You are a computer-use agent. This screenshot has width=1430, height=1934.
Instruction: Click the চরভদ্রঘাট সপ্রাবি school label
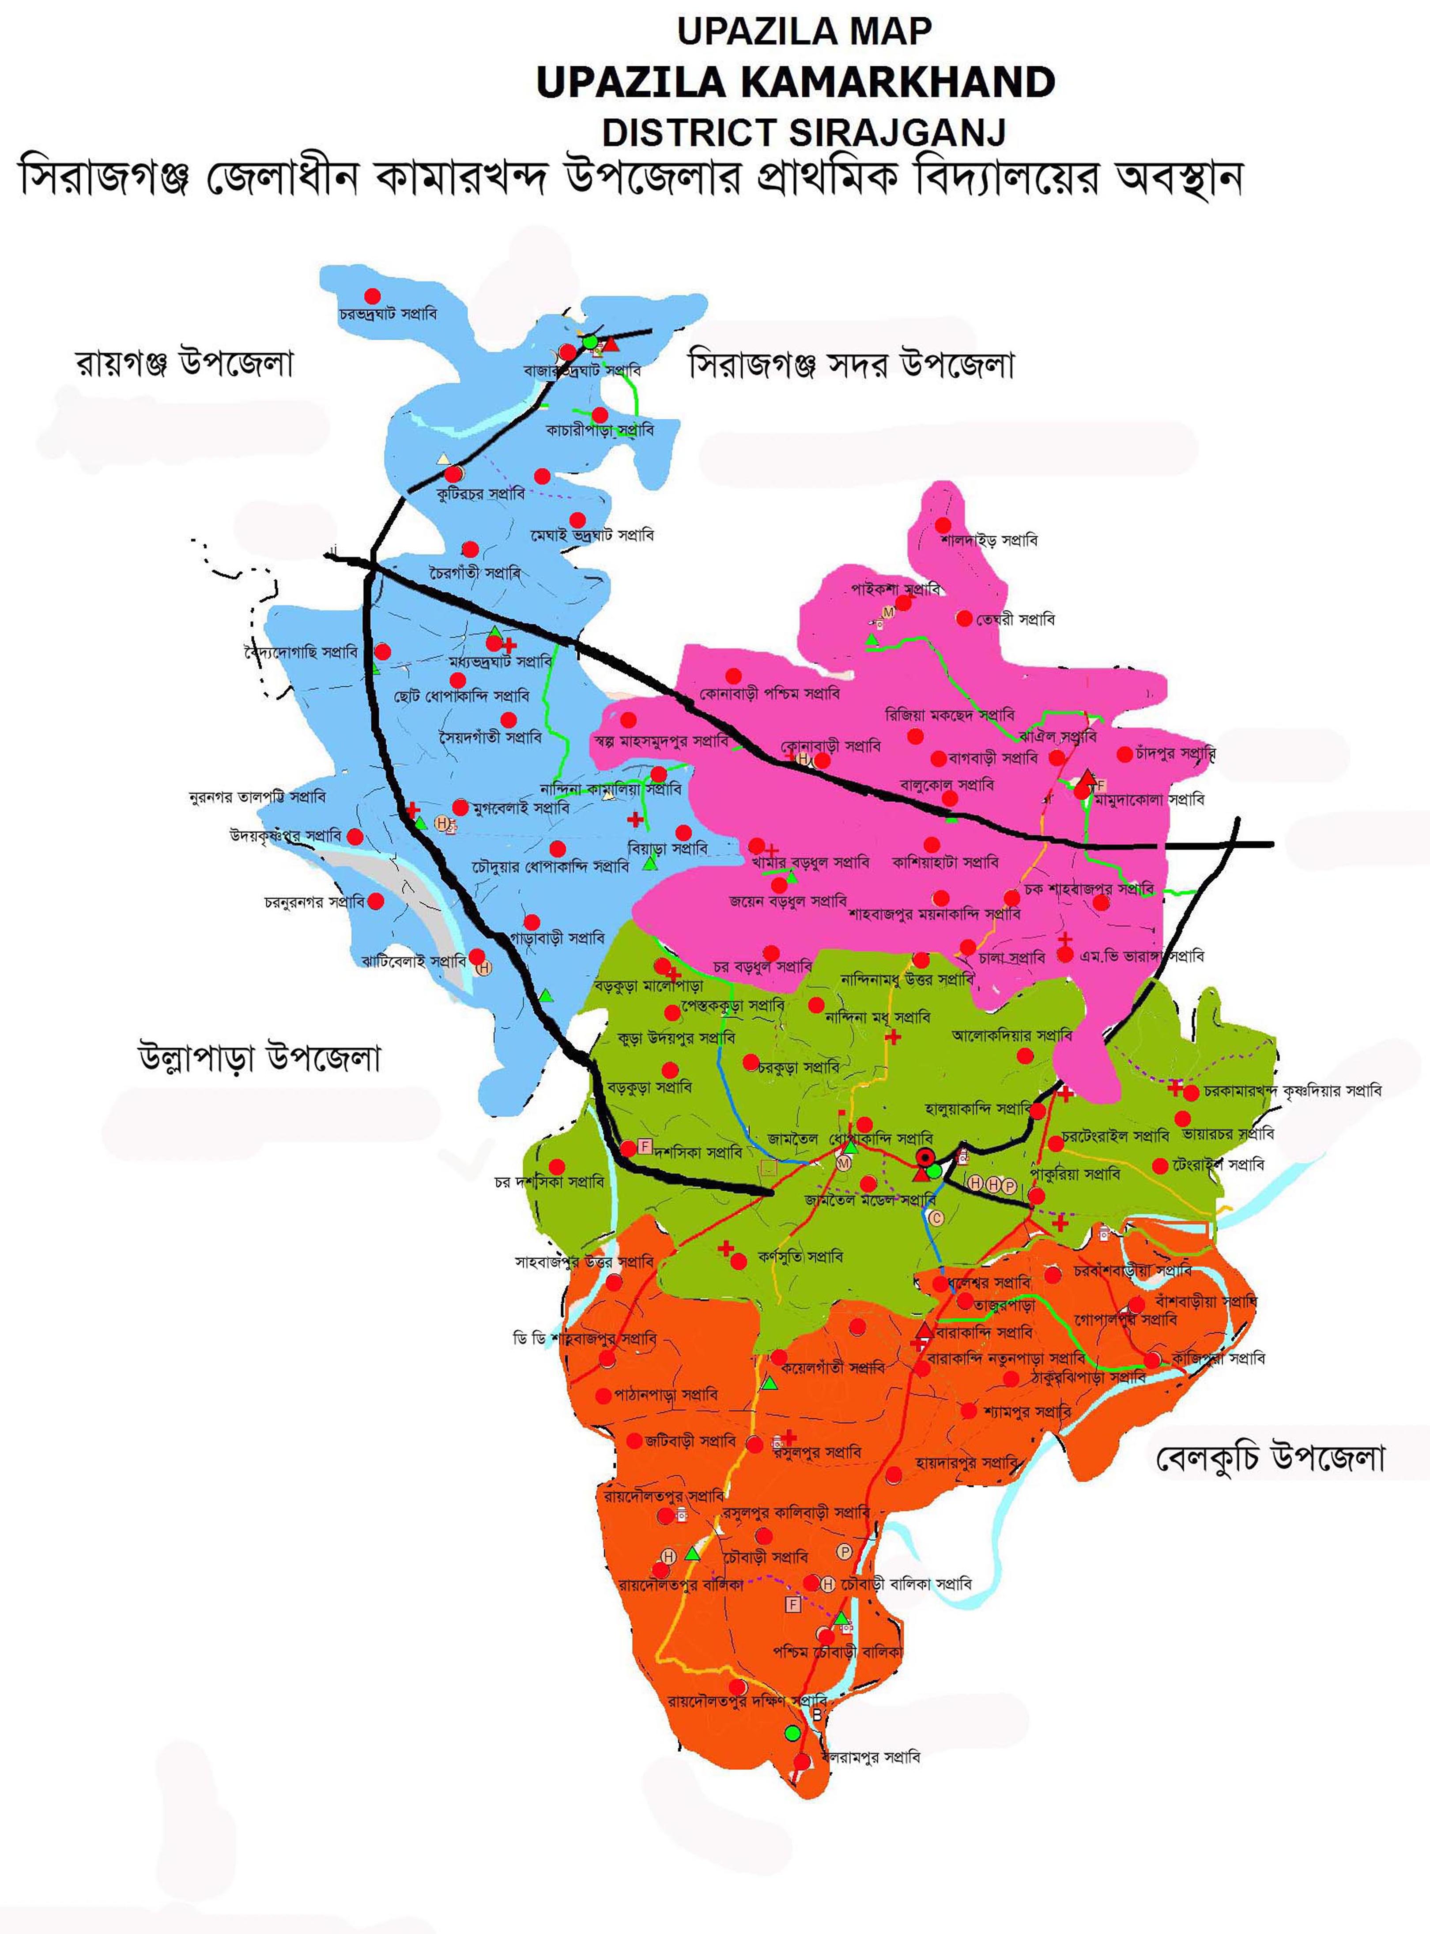tap(388, 314)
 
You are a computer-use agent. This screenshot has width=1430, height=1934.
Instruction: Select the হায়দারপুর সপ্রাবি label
tap(967, 1462)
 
